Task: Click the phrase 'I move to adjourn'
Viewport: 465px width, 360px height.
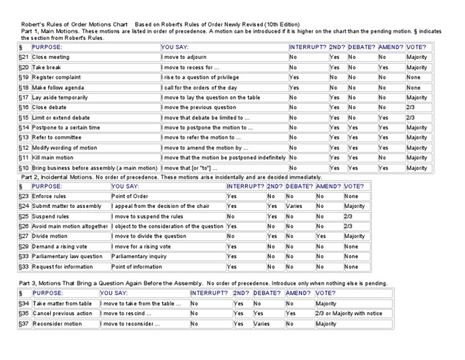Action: (185, 57)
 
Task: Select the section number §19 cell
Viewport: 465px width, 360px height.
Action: (24, 77)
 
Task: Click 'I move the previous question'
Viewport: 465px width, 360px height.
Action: (199, 107)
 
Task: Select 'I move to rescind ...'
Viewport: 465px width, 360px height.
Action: (126, 313)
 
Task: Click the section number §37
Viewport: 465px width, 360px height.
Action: (24, 324)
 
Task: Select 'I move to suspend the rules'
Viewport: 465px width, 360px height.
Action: (148, 216)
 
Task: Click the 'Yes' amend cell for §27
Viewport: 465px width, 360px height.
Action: (322, 236)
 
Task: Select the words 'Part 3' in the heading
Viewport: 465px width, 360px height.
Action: (28, 283)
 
